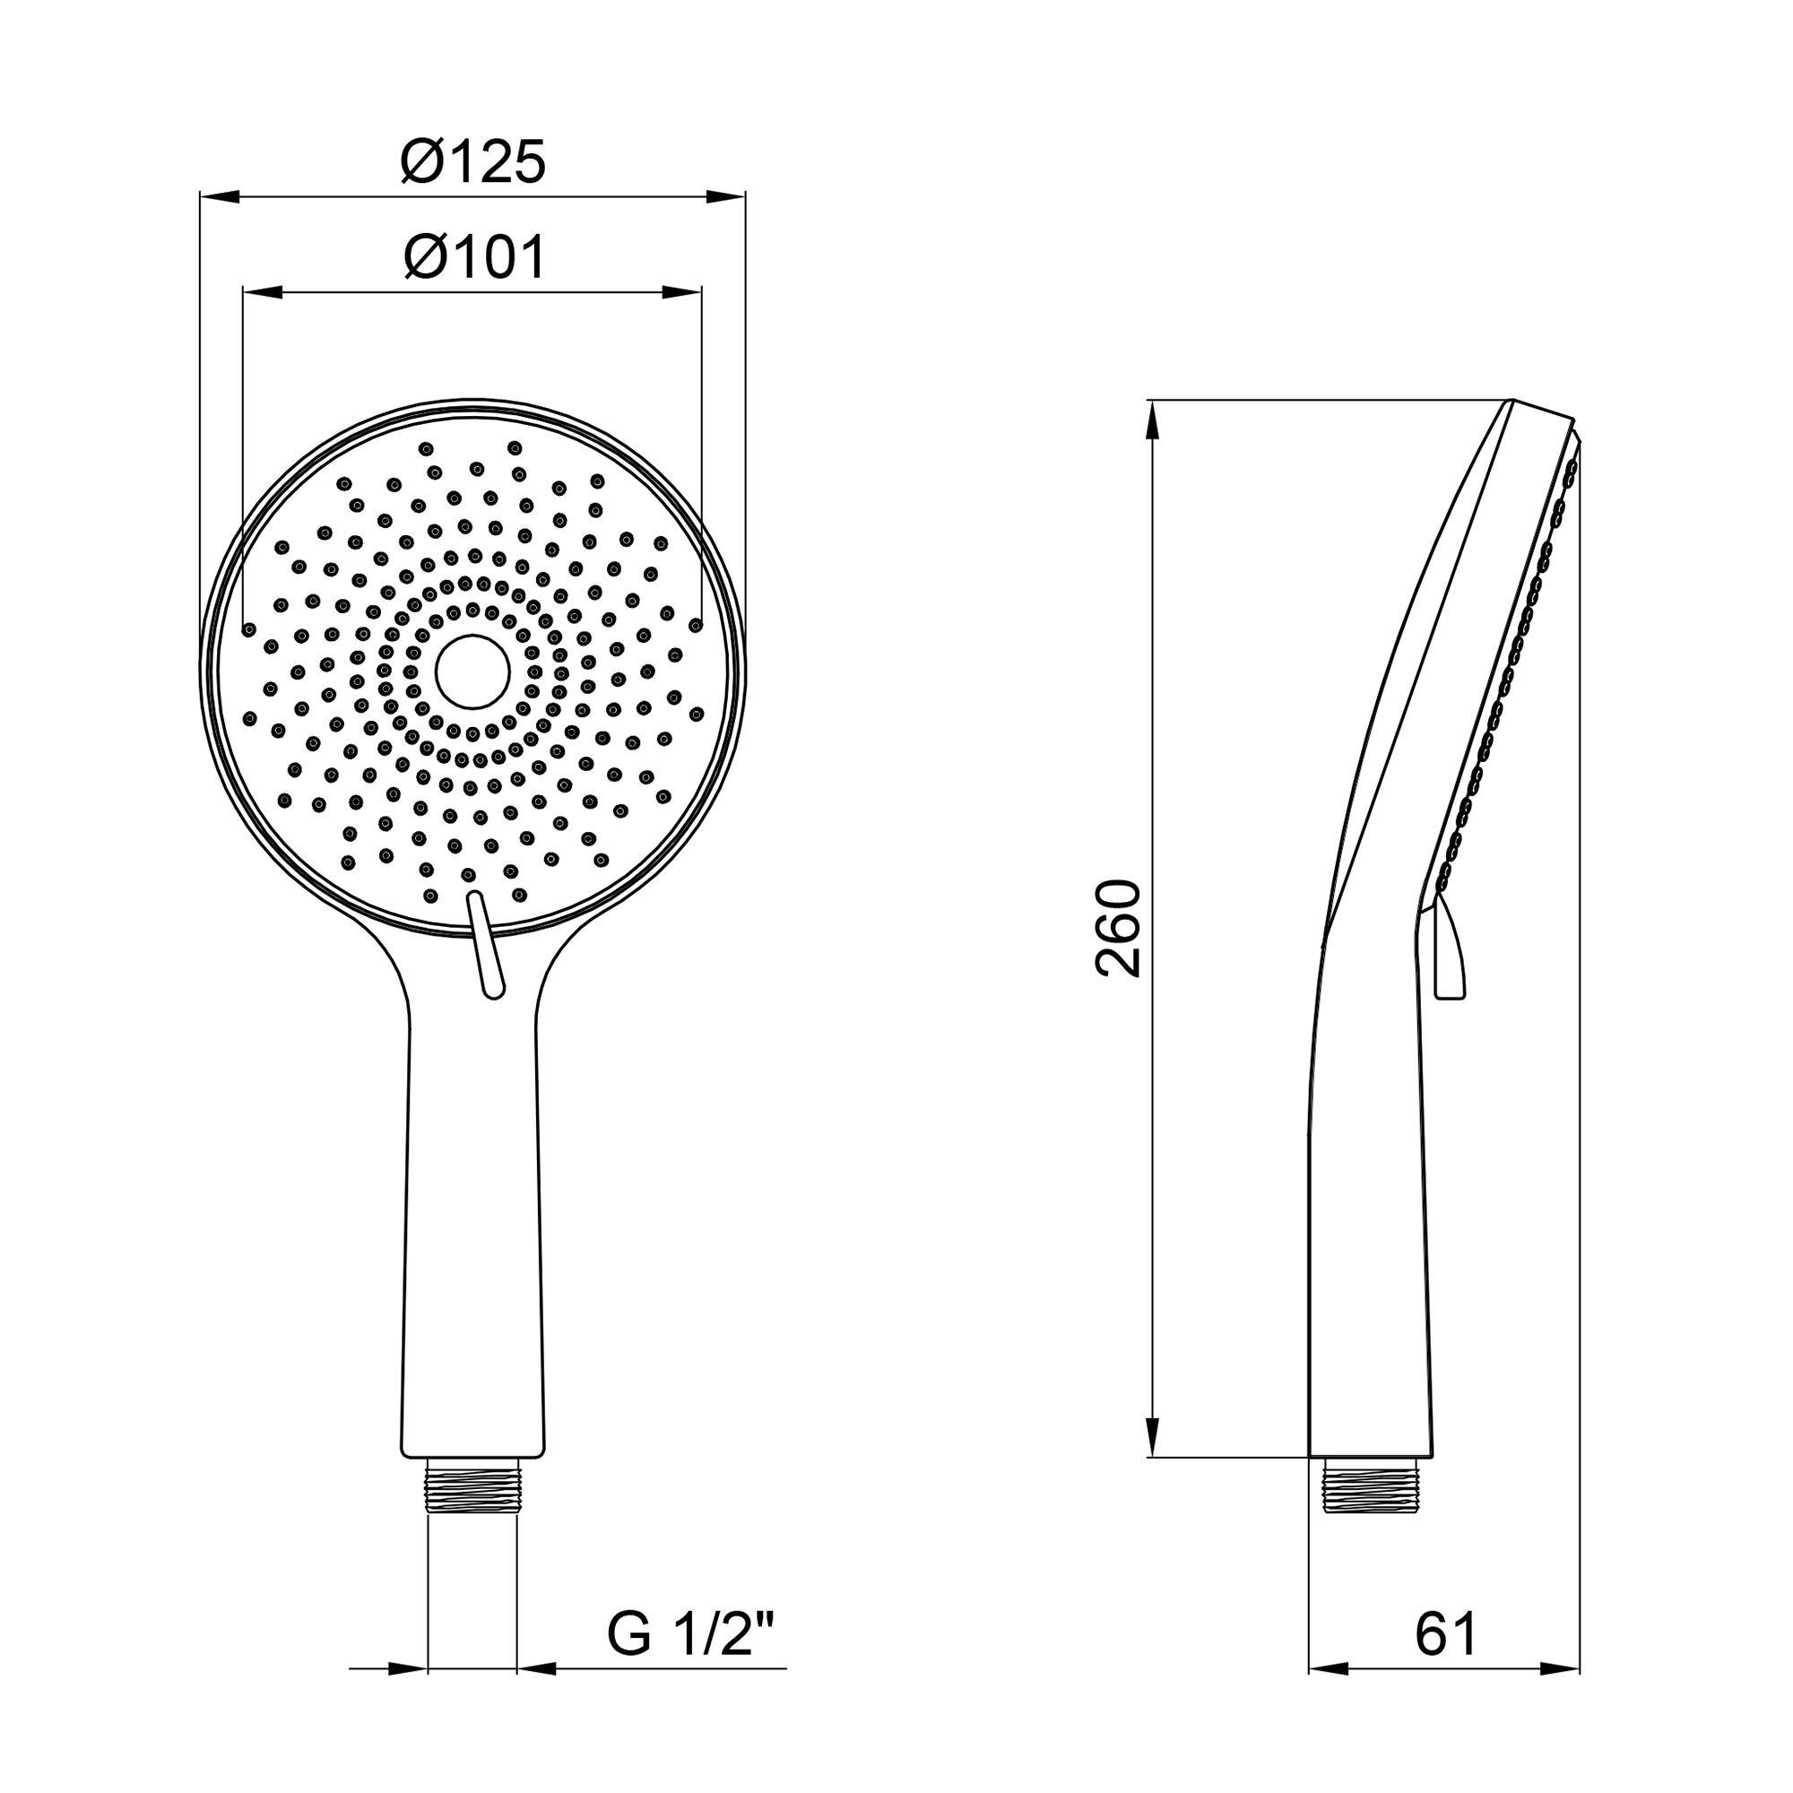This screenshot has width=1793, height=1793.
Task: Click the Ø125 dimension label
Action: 473,163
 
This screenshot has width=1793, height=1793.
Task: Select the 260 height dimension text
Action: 1118,929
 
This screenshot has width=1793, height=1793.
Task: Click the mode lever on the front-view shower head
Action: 486,945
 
